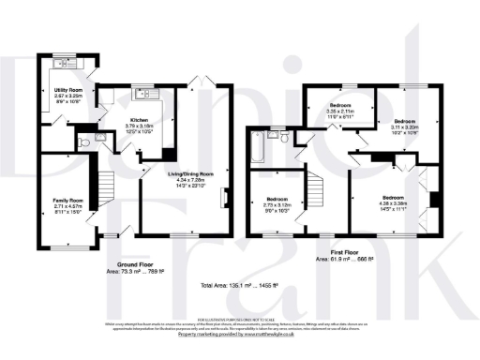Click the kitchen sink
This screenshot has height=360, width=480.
pos(144,93)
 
